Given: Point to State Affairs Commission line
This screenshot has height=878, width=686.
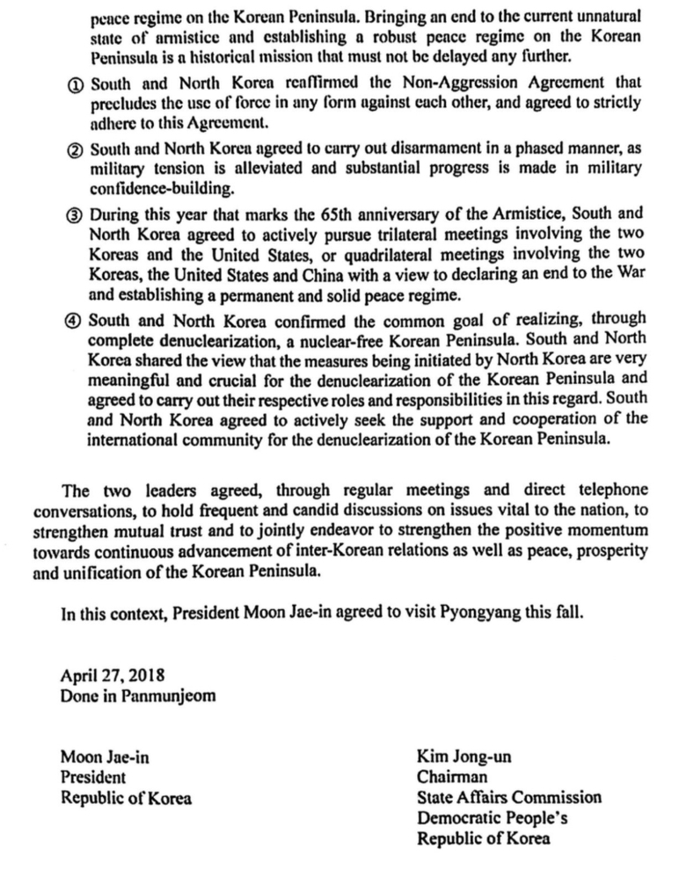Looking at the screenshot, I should (509, 798).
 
